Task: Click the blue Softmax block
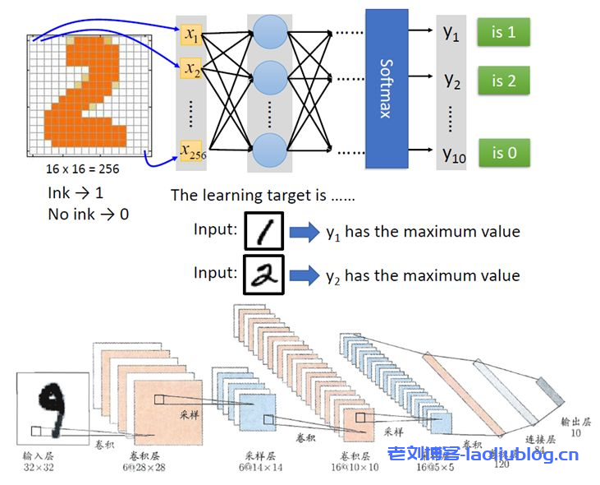pyautogui.click(x=386, y=87)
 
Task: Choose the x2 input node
pyautogui.click(x=191, y=68)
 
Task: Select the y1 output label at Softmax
pyautogui.click(x=451, y=35)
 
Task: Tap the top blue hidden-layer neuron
pyautogui.click(x=270, y=32)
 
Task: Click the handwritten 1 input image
pyautogui.click(x=263, y=232)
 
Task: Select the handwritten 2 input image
pyautogui.click(x=263, y=275)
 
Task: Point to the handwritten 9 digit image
pyautogui.click(x=53, y=408)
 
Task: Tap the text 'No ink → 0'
pyautogui.click(x=88, y=215)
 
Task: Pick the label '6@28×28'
pyautogui.click(x=145, y=467)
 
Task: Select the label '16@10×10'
pyautogui.click(x=357, y=467)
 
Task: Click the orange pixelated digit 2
pyautogui.click(x=90, y=95)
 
